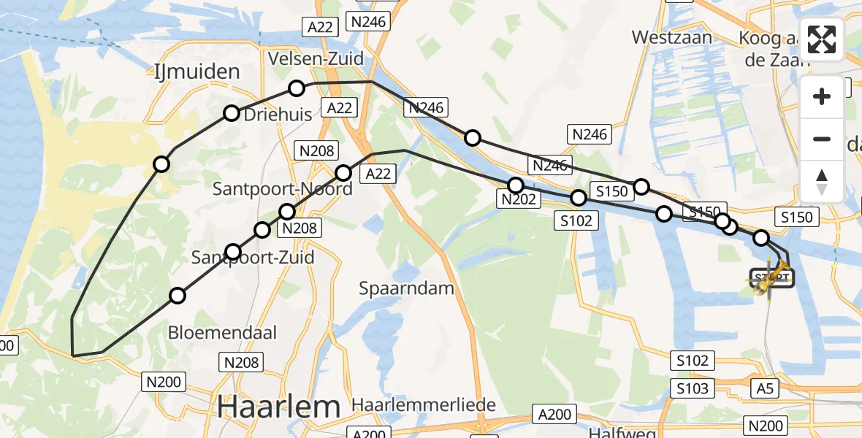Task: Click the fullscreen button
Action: pos(822,39)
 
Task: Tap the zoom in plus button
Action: pos(822,97)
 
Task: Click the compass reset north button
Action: pos(822,182)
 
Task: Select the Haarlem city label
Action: pos(279,406)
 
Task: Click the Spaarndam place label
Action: pos(406,288)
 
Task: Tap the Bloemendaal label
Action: pos(223,333)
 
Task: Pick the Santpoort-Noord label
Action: pos(282,189)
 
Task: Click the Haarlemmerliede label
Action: pos(424,404)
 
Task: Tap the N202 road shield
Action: pos(519,199)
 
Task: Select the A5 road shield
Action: pos(765,388)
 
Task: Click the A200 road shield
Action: pos(554,415)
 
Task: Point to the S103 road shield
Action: pos(693,388)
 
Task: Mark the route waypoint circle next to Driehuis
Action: pos(232,113)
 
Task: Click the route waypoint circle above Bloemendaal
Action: pos(178,296)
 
